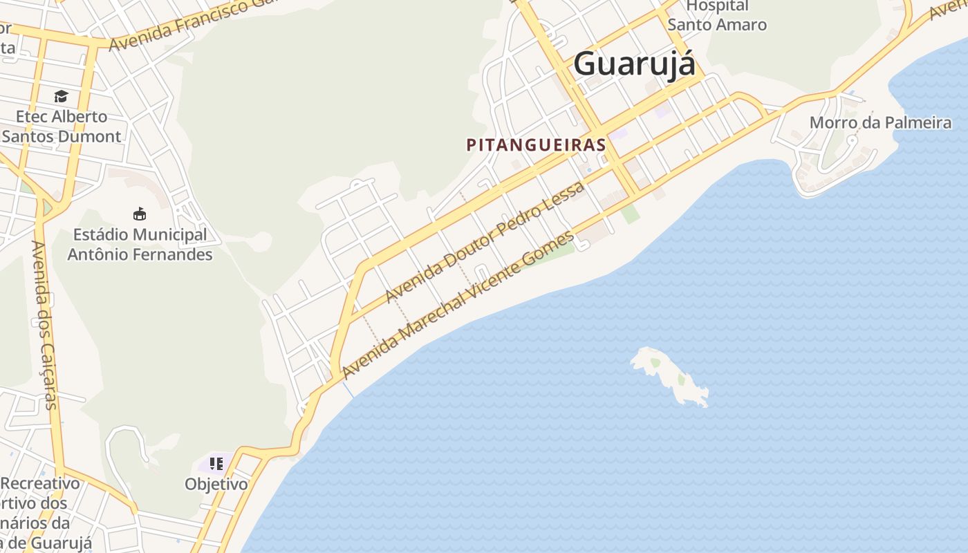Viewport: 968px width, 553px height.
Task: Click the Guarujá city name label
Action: [x=634, y=64]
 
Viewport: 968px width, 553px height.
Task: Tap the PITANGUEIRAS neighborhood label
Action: [x=536, y=145]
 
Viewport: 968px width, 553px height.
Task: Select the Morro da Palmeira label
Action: [x=880, y=123]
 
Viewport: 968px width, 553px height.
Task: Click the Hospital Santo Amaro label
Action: [x=717, y=15]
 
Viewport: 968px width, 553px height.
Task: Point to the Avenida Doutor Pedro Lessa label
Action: [x=485, y=241]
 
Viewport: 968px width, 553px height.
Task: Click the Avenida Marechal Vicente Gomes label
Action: [x=458, y=304]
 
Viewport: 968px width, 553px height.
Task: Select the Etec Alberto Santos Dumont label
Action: [x=62, y=126]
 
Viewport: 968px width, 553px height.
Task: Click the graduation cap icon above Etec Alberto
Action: [x=62, y=97]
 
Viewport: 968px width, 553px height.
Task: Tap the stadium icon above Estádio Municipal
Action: [x=140, y=214]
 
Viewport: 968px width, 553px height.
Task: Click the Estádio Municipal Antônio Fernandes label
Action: [x=140, y=245]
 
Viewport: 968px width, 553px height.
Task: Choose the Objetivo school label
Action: [x=216, y=484]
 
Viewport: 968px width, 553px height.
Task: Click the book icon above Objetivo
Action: [x=216, y=463]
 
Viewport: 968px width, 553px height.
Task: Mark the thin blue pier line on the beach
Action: [x=348, y=390]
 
